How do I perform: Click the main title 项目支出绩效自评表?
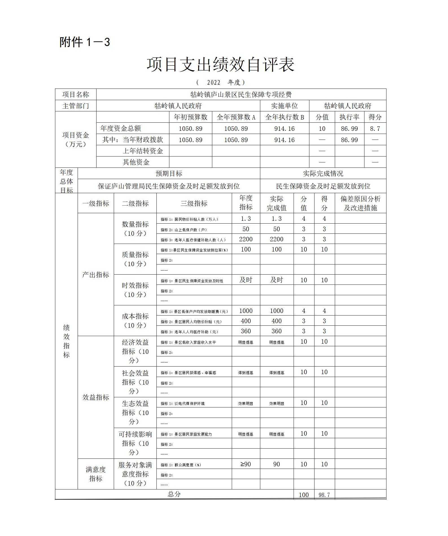220,65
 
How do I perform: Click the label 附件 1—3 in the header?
84,42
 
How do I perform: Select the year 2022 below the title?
213,82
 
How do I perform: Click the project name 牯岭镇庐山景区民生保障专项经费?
241,94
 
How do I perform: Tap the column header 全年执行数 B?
284,117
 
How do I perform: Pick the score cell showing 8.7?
375,129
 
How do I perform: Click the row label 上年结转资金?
143,151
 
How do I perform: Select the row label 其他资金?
136,162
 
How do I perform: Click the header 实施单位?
284,106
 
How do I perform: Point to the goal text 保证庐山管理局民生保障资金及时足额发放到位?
169,186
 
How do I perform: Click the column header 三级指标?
194,203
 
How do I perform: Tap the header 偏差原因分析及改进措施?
360,203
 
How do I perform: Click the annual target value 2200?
246,239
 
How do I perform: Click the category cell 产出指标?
95,275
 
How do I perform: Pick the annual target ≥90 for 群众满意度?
246,464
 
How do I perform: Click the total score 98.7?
324,495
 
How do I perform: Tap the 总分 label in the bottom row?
174,494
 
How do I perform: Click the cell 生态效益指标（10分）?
135,413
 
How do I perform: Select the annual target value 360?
246,331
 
